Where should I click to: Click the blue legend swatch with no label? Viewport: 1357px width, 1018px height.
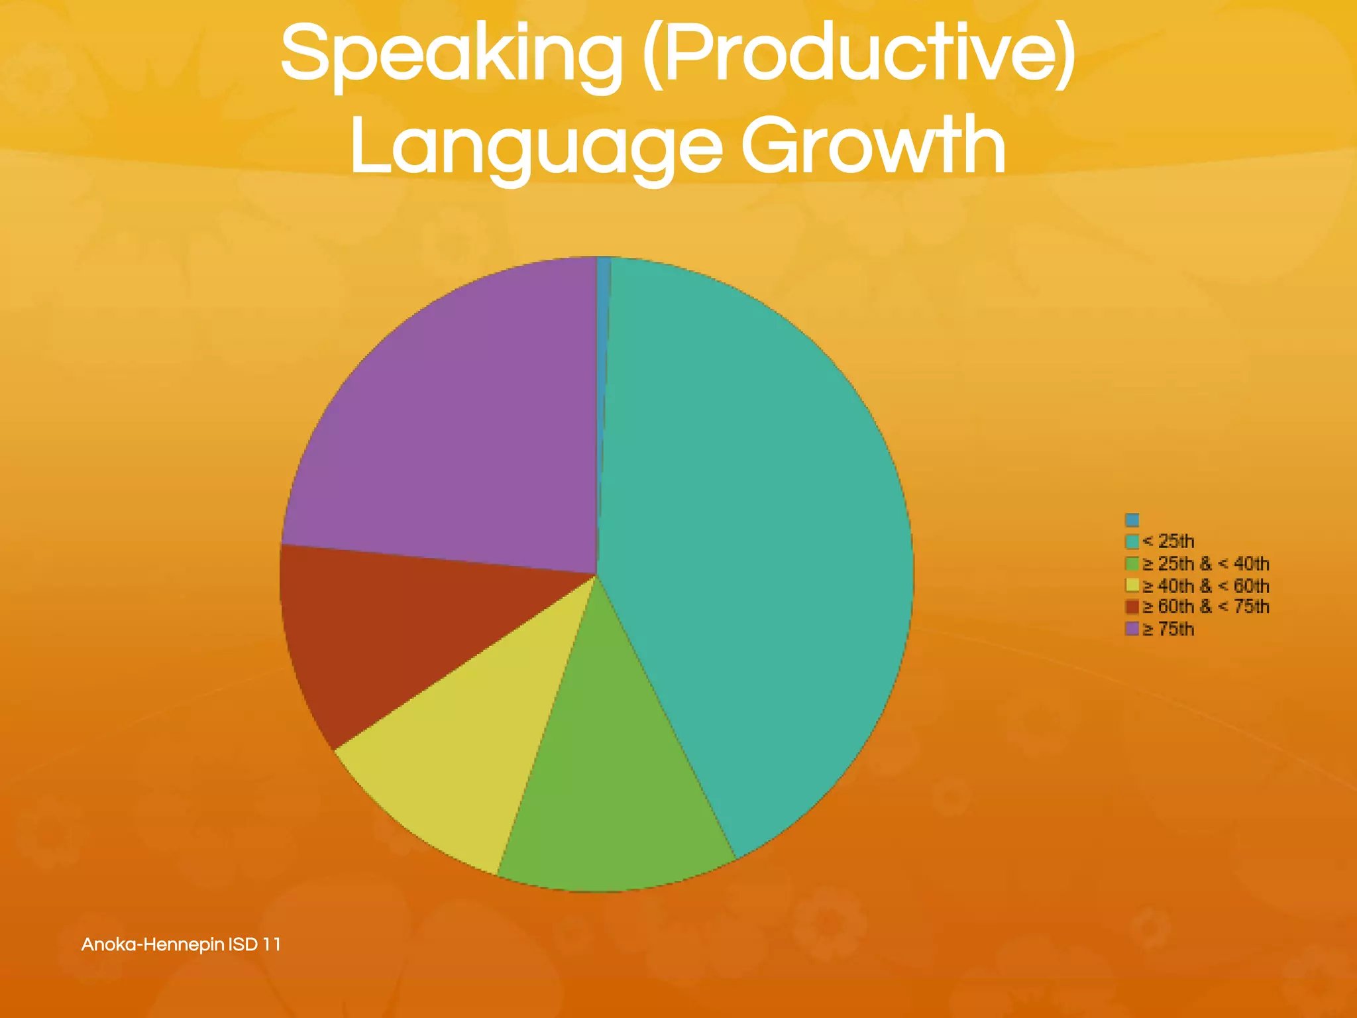(1132, 520)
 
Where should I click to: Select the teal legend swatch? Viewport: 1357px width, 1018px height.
(1132, 541)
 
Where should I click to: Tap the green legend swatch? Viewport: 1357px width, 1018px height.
(1132, 564)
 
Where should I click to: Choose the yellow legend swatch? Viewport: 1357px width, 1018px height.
(1132, 585)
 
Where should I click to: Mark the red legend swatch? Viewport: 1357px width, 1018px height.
(1132, 606)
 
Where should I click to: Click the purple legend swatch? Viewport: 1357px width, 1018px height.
(1132, 628)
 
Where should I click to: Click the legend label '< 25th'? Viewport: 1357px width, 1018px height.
(1169, 541)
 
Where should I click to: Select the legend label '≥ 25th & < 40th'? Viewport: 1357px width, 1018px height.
(1207, 564)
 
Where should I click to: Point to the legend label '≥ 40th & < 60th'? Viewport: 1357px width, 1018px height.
(1207, 586)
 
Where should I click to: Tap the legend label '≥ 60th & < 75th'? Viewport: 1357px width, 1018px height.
(1207, 606)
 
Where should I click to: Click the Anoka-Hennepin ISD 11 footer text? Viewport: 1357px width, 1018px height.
(181, 944)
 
